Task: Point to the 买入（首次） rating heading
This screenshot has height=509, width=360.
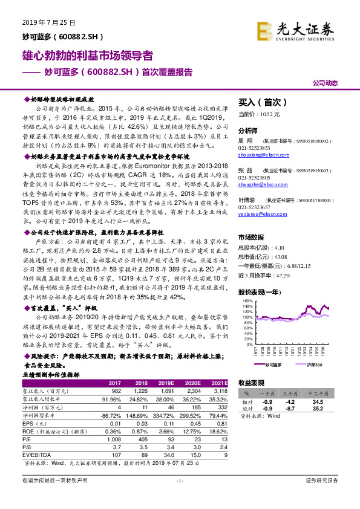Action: pyautogui.click(x=260, y=102)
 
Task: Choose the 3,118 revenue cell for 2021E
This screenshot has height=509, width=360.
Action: pyautogui.click(x=220, y=408)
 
